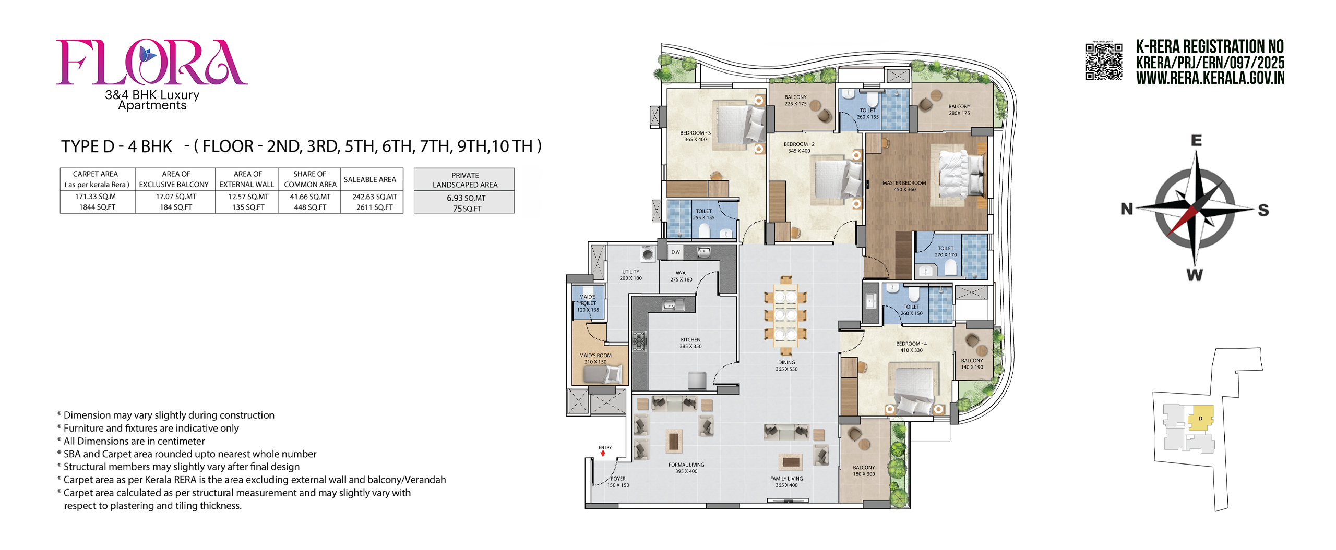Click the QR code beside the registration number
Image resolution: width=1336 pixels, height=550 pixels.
(1104, 62)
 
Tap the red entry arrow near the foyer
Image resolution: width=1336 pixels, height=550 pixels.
(603, 454)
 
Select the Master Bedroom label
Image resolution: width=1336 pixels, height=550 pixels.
(904, 183)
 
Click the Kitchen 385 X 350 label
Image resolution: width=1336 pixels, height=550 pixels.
(690, 343)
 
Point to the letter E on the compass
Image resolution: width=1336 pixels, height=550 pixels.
(1197, 140)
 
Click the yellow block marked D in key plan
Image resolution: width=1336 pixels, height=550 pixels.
(1200, 418)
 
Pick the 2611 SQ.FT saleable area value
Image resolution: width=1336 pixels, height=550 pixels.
(375, 207)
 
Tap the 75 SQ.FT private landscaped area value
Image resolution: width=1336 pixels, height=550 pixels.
(467, 209)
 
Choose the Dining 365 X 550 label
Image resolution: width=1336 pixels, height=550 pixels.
(786, 366)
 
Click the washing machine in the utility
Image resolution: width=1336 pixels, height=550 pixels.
(648, 254)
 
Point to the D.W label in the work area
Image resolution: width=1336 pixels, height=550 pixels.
(676, 252)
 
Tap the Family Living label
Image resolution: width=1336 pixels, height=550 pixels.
(786, 479)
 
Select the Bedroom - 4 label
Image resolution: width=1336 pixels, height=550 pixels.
(911, 344)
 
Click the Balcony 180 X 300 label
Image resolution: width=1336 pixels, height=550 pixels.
(864, 471)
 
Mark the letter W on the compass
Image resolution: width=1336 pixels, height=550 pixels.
(1195, 275)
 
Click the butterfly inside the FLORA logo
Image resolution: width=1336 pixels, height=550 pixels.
(147, 55)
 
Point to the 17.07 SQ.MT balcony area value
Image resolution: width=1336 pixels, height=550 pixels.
(176, 197)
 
